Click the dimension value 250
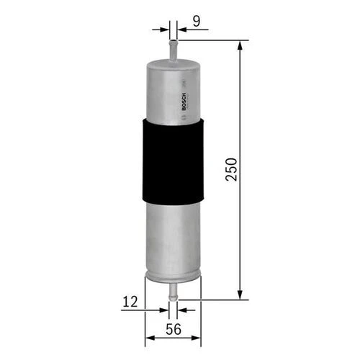click(x=230, y=169)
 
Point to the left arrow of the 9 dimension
click(x=164, y=29)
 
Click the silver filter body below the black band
click(x=173, y=238)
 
